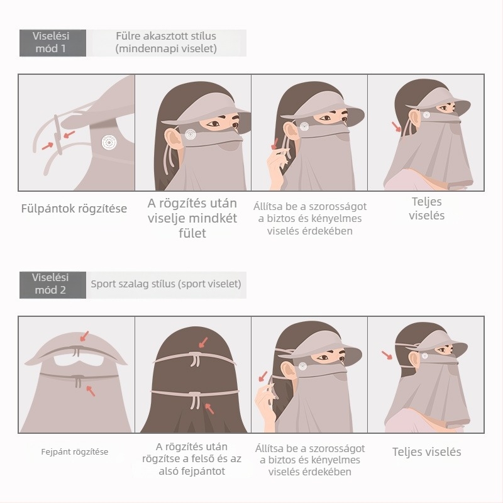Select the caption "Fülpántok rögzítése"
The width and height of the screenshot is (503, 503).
74,209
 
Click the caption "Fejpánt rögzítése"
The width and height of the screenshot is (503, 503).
75,452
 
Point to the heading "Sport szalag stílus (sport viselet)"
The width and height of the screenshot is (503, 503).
166,284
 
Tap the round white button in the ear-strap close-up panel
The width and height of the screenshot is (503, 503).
109,142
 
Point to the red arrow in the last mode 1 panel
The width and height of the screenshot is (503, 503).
397,127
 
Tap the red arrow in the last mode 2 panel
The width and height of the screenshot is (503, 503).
387,355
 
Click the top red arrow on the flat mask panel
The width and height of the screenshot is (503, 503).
84,336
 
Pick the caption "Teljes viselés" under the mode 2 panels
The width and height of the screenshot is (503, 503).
427,452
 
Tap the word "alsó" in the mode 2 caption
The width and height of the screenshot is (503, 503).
169,471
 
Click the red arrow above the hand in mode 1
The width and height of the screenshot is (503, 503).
275,144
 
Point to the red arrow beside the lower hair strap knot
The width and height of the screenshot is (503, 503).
209,409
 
